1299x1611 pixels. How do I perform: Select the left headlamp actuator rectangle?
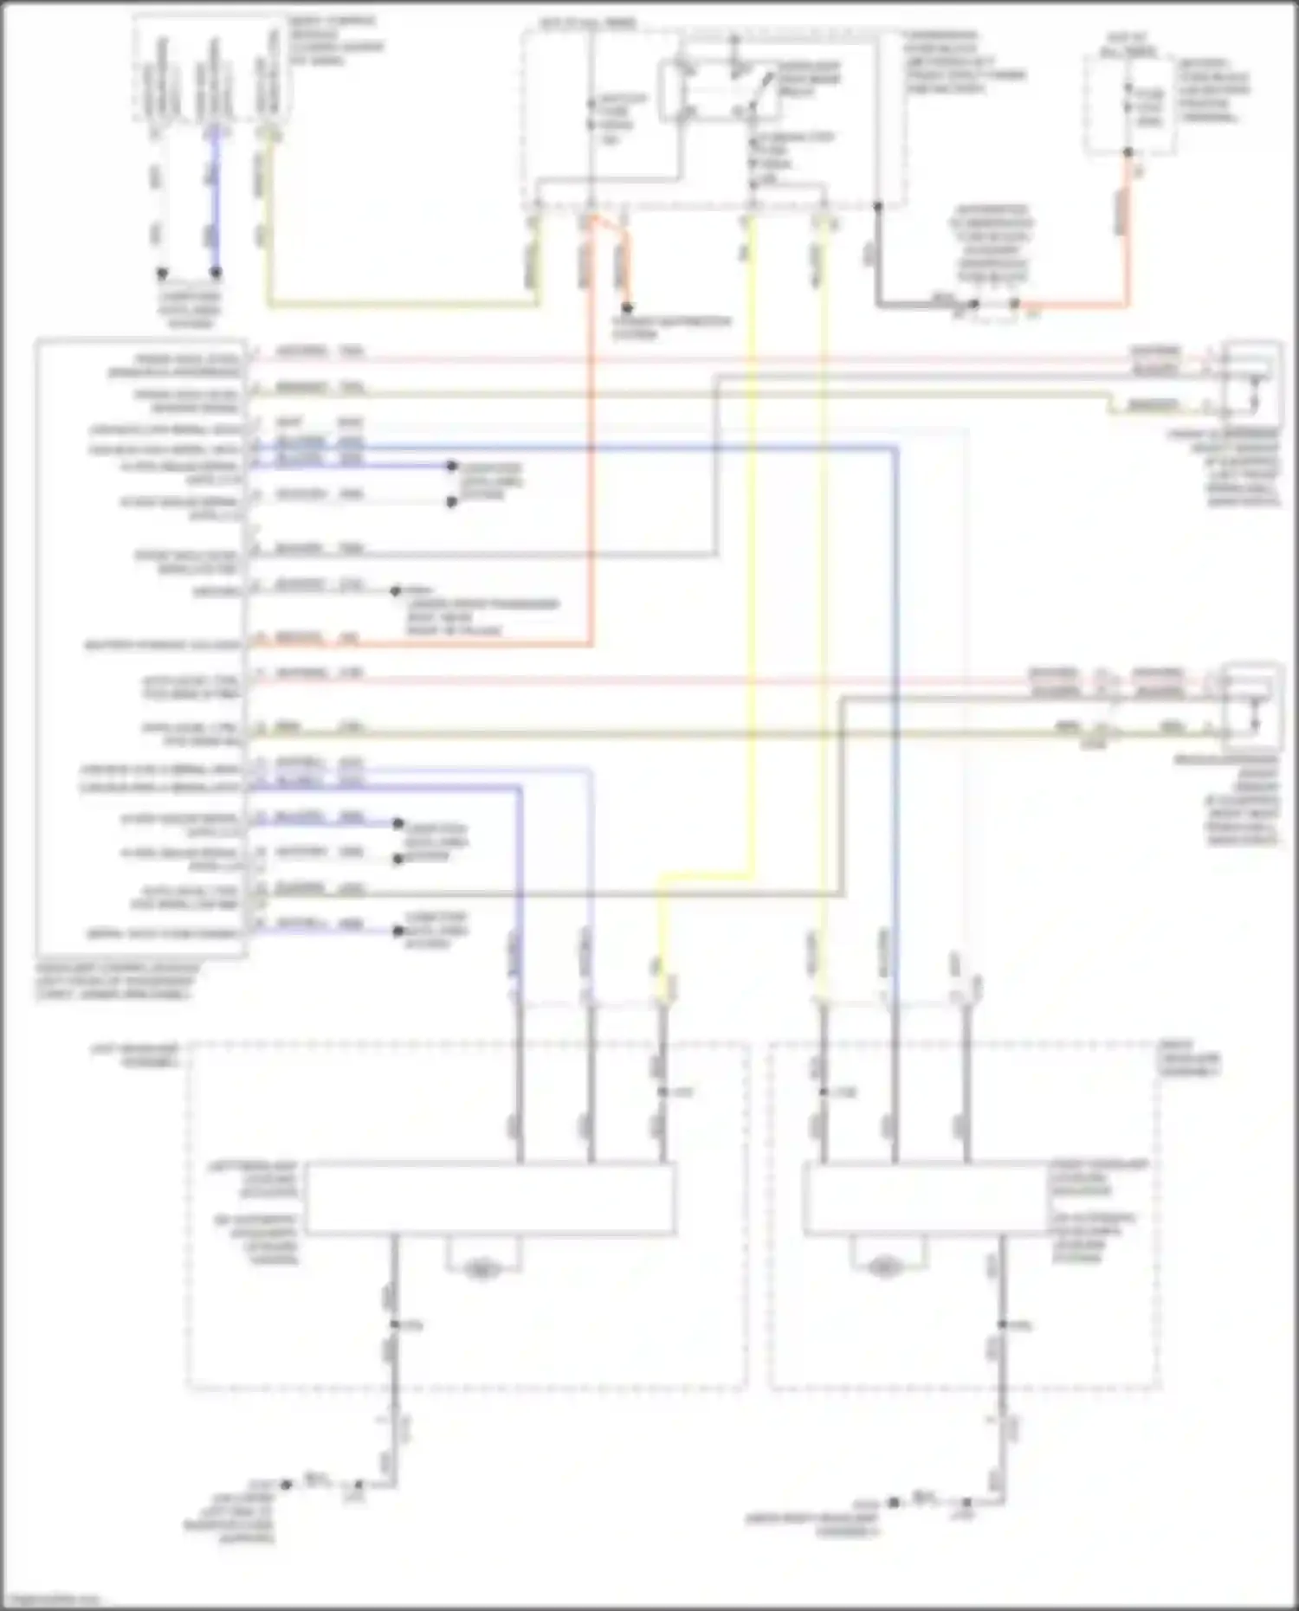click(490, 1198)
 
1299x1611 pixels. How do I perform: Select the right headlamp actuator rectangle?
click(927, 1198)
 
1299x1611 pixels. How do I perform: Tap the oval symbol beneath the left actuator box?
click(481, 1270)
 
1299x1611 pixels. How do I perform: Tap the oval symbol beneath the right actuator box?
click(884, 1267)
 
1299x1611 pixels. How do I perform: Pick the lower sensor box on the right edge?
click(1251, 706)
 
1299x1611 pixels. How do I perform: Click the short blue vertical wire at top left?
click(216, 203)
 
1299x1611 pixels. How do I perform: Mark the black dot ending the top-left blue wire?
click(216, 273)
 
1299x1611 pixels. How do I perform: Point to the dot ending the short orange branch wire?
click(627, 307)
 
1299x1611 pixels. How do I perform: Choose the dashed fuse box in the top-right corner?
click(1129, 106)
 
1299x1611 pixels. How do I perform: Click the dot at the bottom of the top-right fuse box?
click(1128, 152)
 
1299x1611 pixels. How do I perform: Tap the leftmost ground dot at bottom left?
click(286, 1484)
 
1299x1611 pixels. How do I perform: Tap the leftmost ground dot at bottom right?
click(894, 1502)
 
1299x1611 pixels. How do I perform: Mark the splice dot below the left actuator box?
click(394, 1324)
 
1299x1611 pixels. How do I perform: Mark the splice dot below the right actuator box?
click(1002, 1324)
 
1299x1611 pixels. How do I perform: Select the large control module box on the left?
click(141, 648)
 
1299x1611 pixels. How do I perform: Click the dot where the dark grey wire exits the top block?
click(877, 206)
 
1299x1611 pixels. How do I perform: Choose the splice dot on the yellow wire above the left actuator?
click(662, 1092)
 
